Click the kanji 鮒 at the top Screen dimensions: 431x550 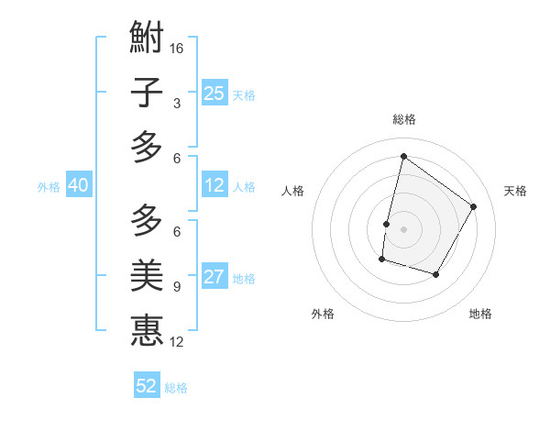pos(147,39)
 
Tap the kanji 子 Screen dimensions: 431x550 pos(147,93)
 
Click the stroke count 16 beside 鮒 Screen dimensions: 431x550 pos(178,48)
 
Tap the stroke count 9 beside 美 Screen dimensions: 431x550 pos(177,286)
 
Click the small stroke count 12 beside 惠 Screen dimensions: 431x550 pos(178,342)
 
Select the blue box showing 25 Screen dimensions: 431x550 pos(214,93)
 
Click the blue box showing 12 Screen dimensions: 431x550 pos(214,185)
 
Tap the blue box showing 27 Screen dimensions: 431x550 pos(214,277)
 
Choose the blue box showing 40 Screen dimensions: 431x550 pos(79,185)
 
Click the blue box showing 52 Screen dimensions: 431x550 pos(147,386)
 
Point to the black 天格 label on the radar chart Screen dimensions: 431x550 pos(515,191)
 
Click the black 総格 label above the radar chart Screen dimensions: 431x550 pos(404,119)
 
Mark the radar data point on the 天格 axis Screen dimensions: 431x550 pos(474,206)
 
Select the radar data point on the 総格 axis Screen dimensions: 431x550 pos(403,157)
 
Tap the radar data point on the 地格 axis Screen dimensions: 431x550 pos(436,274)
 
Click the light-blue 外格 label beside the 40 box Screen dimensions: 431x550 pos(49,186)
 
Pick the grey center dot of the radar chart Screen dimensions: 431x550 pos(403,229)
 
